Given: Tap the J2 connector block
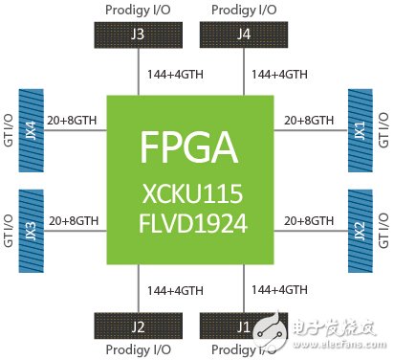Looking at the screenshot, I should point(137,326).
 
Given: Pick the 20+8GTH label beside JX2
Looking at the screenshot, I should point(305,222).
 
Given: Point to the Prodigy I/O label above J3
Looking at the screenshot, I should point(137,11).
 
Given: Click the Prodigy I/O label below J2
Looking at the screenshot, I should point(137,351).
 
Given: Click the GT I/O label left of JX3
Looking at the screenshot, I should point(9,231).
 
